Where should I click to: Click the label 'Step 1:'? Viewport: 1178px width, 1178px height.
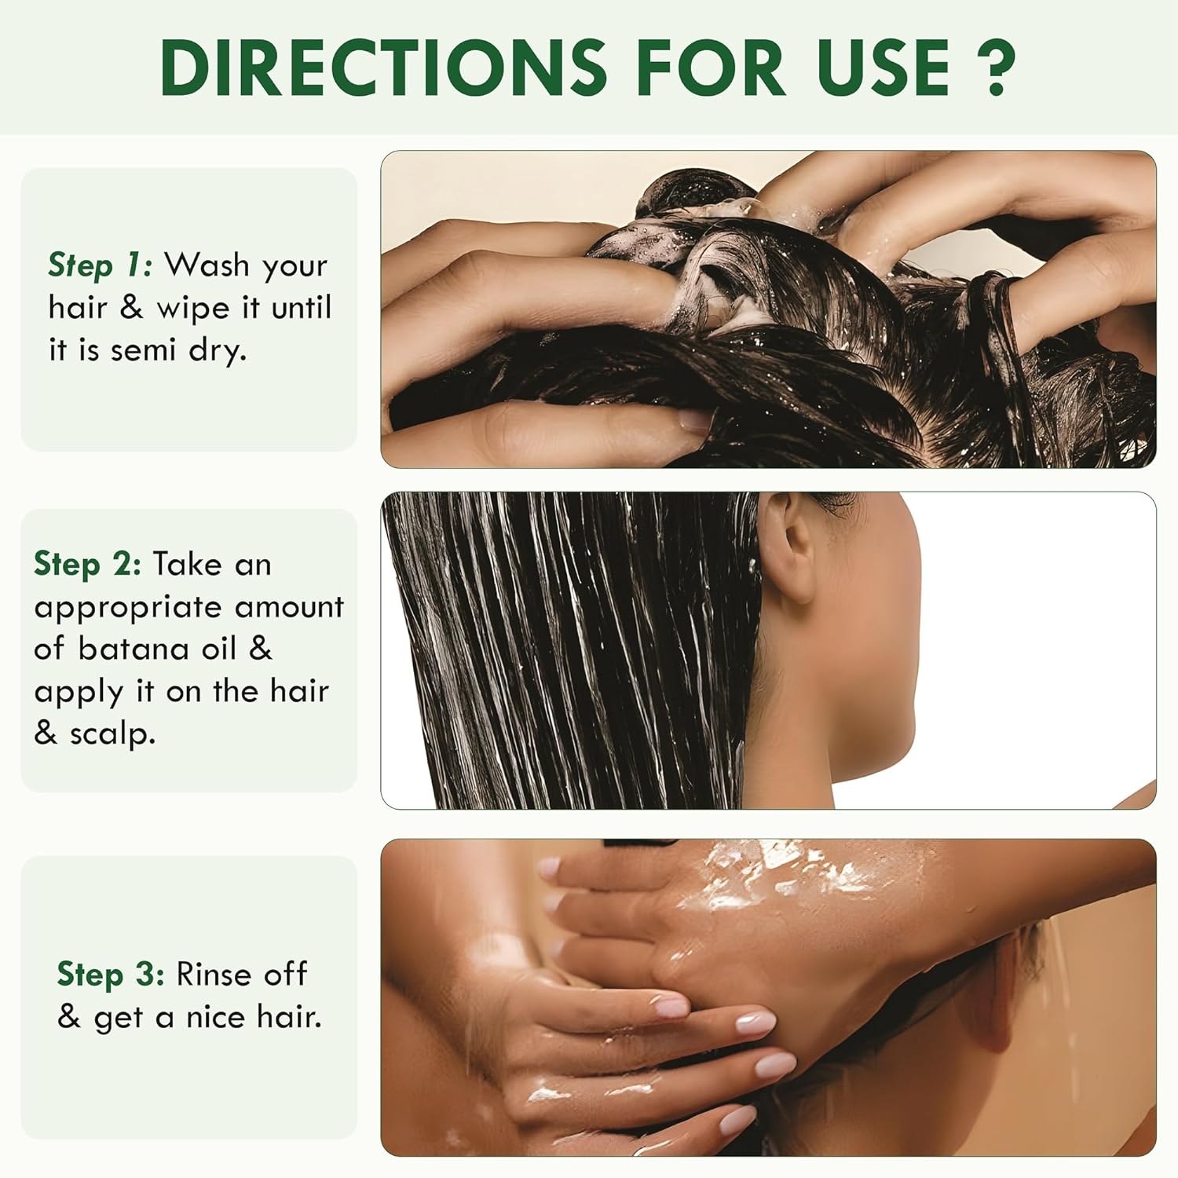[x=100, y=265]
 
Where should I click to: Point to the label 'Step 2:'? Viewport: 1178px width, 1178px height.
[x=87, y=564]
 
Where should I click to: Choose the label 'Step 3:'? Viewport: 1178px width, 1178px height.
[x=111, y=975]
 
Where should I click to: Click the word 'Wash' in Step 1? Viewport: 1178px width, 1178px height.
[x=207, y=265]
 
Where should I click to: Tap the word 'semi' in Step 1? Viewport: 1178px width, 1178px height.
[x=144, y=350]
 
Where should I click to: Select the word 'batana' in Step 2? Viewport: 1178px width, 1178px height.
[x=134, y=649]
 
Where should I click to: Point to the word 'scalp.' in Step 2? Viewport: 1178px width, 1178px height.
[x=112, y=735]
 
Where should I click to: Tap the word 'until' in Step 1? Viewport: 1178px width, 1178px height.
[x=302, y=307]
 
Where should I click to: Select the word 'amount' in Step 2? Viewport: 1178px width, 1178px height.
[x=289, y=608]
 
